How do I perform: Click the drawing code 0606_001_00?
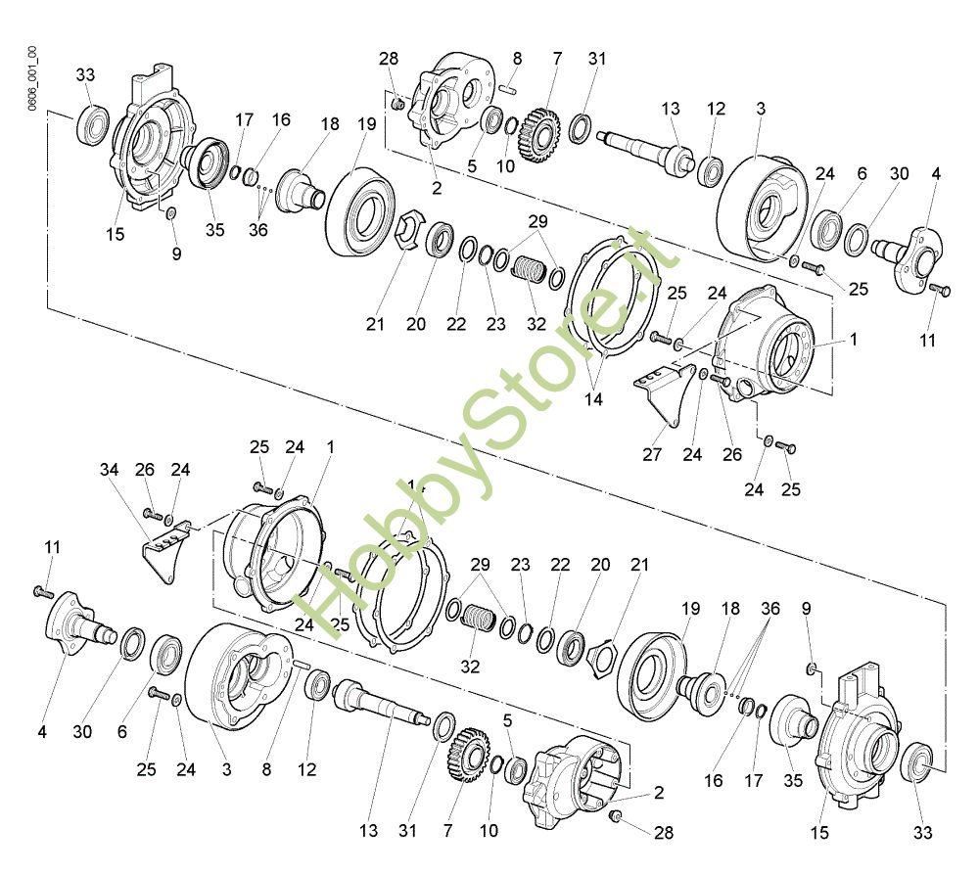coord(32,77)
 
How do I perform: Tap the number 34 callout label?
coord(110,471)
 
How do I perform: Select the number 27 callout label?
coord(653,454)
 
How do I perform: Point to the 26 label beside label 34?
coord(145,471)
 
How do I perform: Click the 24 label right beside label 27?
coord(693,454)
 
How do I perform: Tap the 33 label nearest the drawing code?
coord(85,74)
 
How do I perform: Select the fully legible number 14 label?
coord(594,399)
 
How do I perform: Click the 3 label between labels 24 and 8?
coord(226,770)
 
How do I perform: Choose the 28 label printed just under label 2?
coord(664,833)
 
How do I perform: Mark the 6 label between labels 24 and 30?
coord(862,173)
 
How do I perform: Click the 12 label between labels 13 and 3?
coord(716,108)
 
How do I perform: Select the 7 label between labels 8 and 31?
coord(557,59)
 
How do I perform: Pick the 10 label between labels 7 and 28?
coord(489,831)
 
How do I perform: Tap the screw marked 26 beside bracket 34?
coord(152,511)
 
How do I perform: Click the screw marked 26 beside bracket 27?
coord(723,380)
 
